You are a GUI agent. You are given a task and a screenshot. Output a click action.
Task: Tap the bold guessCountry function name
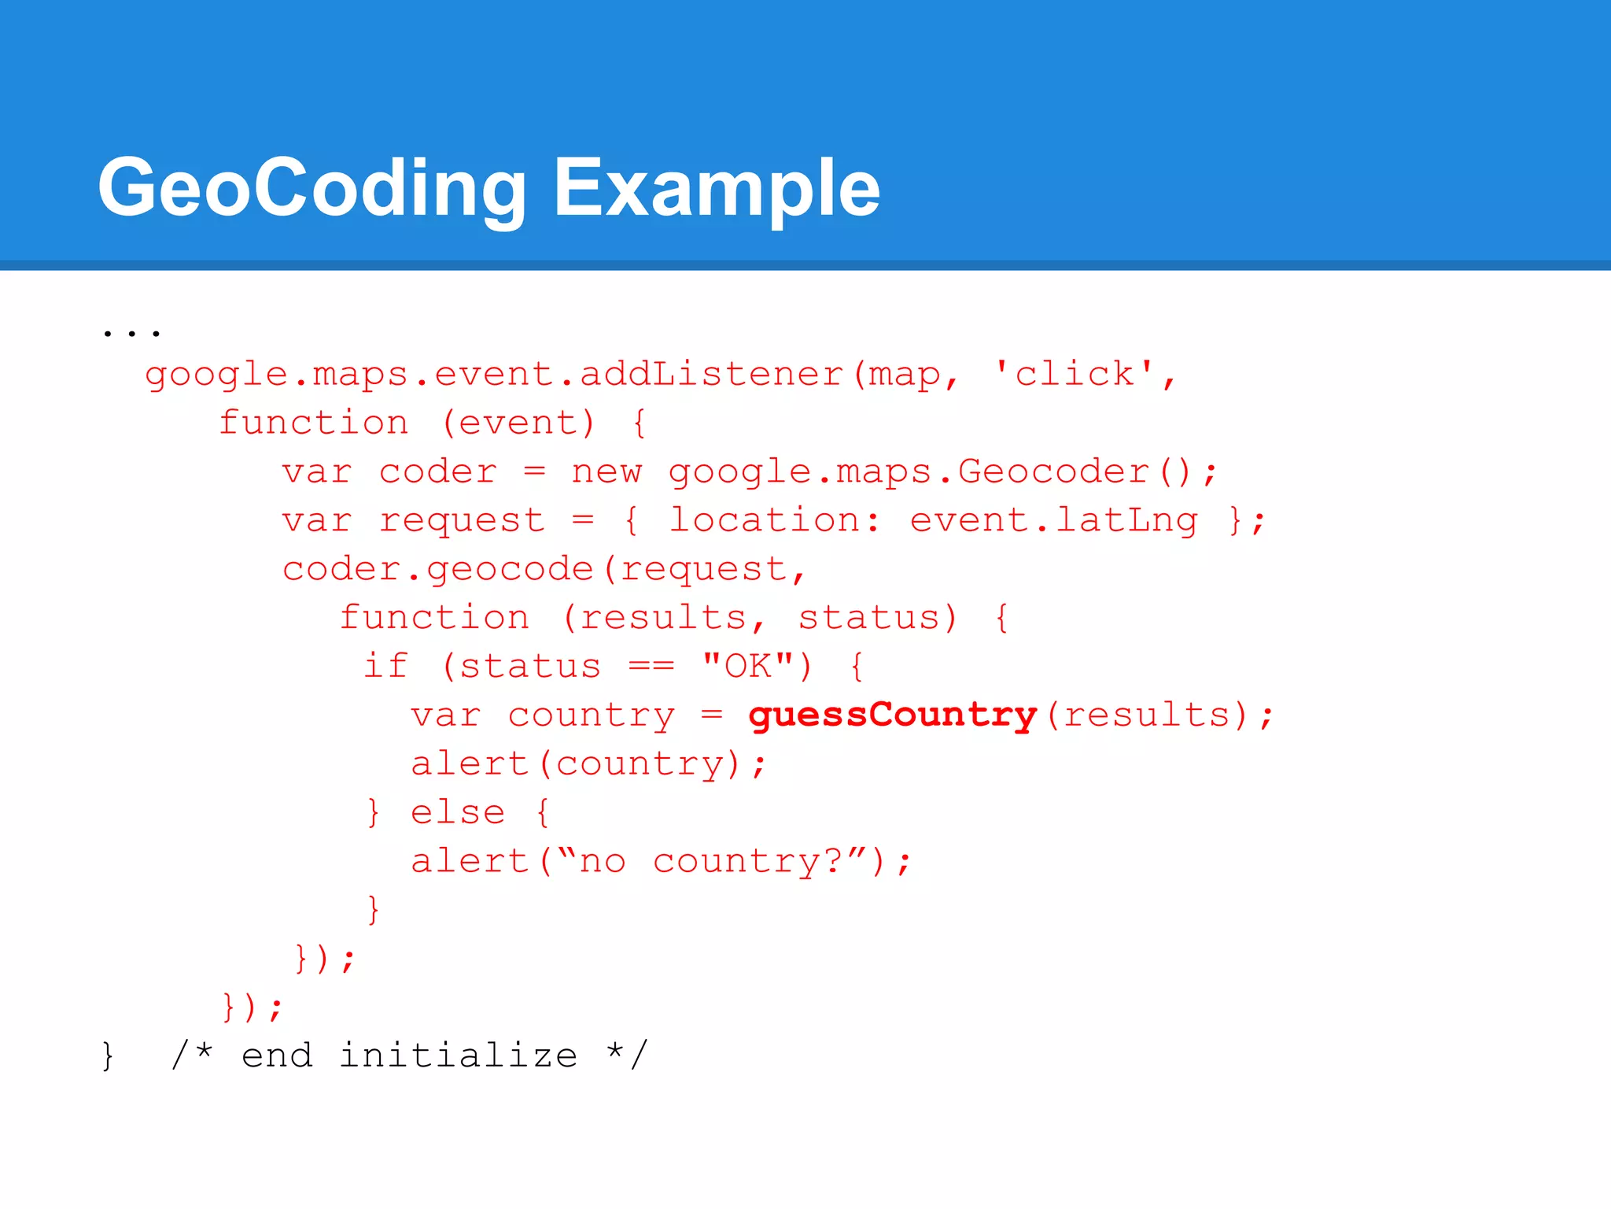(x=892, y=715)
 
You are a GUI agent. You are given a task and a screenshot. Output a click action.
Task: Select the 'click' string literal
(x=1075, y=373)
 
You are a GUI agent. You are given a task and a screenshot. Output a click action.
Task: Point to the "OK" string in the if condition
(x=747, y=666)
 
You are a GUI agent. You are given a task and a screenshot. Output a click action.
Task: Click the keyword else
(x=458, y=812)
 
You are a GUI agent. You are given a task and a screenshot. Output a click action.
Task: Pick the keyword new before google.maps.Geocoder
(x=606, y=471)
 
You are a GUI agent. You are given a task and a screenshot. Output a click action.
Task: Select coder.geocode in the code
(x=437, y=569)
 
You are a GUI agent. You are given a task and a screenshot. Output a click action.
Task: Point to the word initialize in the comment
(x=459, y=1056)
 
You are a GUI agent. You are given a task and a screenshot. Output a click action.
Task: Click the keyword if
(x=385, y=666)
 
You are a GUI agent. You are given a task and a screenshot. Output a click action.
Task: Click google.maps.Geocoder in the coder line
(x=909, y=471)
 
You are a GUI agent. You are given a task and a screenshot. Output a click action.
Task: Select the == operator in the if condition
(x=651, y=666)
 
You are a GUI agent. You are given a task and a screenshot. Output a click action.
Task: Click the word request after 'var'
(x=462, y=520)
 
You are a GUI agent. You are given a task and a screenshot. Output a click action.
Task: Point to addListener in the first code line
(x=711, y=373)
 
